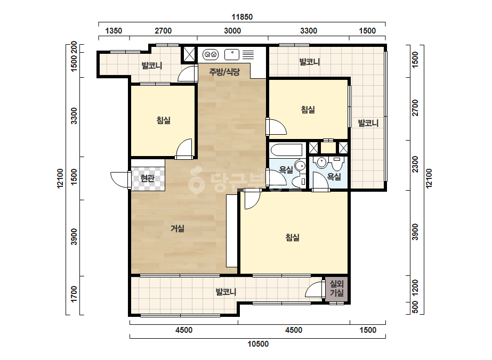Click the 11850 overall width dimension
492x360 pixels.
(242, 17)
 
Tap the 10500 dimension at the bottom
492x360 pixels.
(258, 344)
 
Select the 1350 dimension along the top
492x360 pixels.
(114, 31)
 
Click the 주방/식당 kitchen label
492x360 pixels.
(224, 72)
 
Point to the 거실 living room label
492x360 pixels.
(178, 228)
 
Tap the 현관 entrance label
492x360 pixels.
(148, 178)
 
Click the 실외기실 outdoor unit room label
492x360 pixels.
(337, 289)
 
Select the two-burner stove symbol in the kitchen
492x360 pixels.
(211, 55)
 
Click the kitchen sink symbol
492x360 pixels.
(232, 54)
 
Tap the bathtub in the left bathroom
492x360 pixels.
(286, 150)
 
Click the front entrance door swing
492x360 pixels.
(120, 180)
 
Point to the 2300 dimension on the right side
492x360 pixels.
(415, 165)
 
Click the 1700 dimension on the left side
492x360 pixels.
(74, 294)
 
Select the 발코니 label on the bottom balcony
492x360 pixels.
(226, 292)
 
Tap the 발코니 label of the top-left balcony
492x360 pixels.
(152, 66)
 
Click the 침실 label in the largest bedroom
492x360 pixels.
(293, 238)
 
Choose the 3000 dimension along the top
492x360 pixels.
(232, 31)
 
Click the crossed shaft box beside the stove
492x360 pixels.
(189, 54)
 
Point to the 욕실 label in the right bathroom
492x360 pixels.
(334, 177)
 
